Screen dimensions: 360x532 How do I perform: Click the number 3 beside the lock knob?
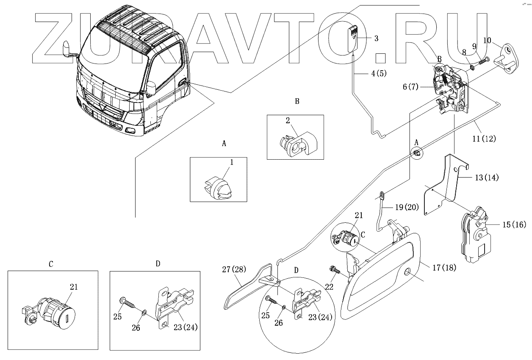coord(376,38)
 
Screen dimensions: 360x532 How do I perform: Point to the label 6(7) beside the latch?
coord(411,87)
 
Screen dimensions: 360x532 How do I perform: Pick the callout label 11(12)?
coord(484,138)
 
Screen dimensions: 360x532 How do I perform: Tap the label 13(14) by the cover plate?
coord(486,178)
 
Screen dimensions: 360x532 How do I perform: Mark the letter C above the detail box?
coord(51,263)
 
